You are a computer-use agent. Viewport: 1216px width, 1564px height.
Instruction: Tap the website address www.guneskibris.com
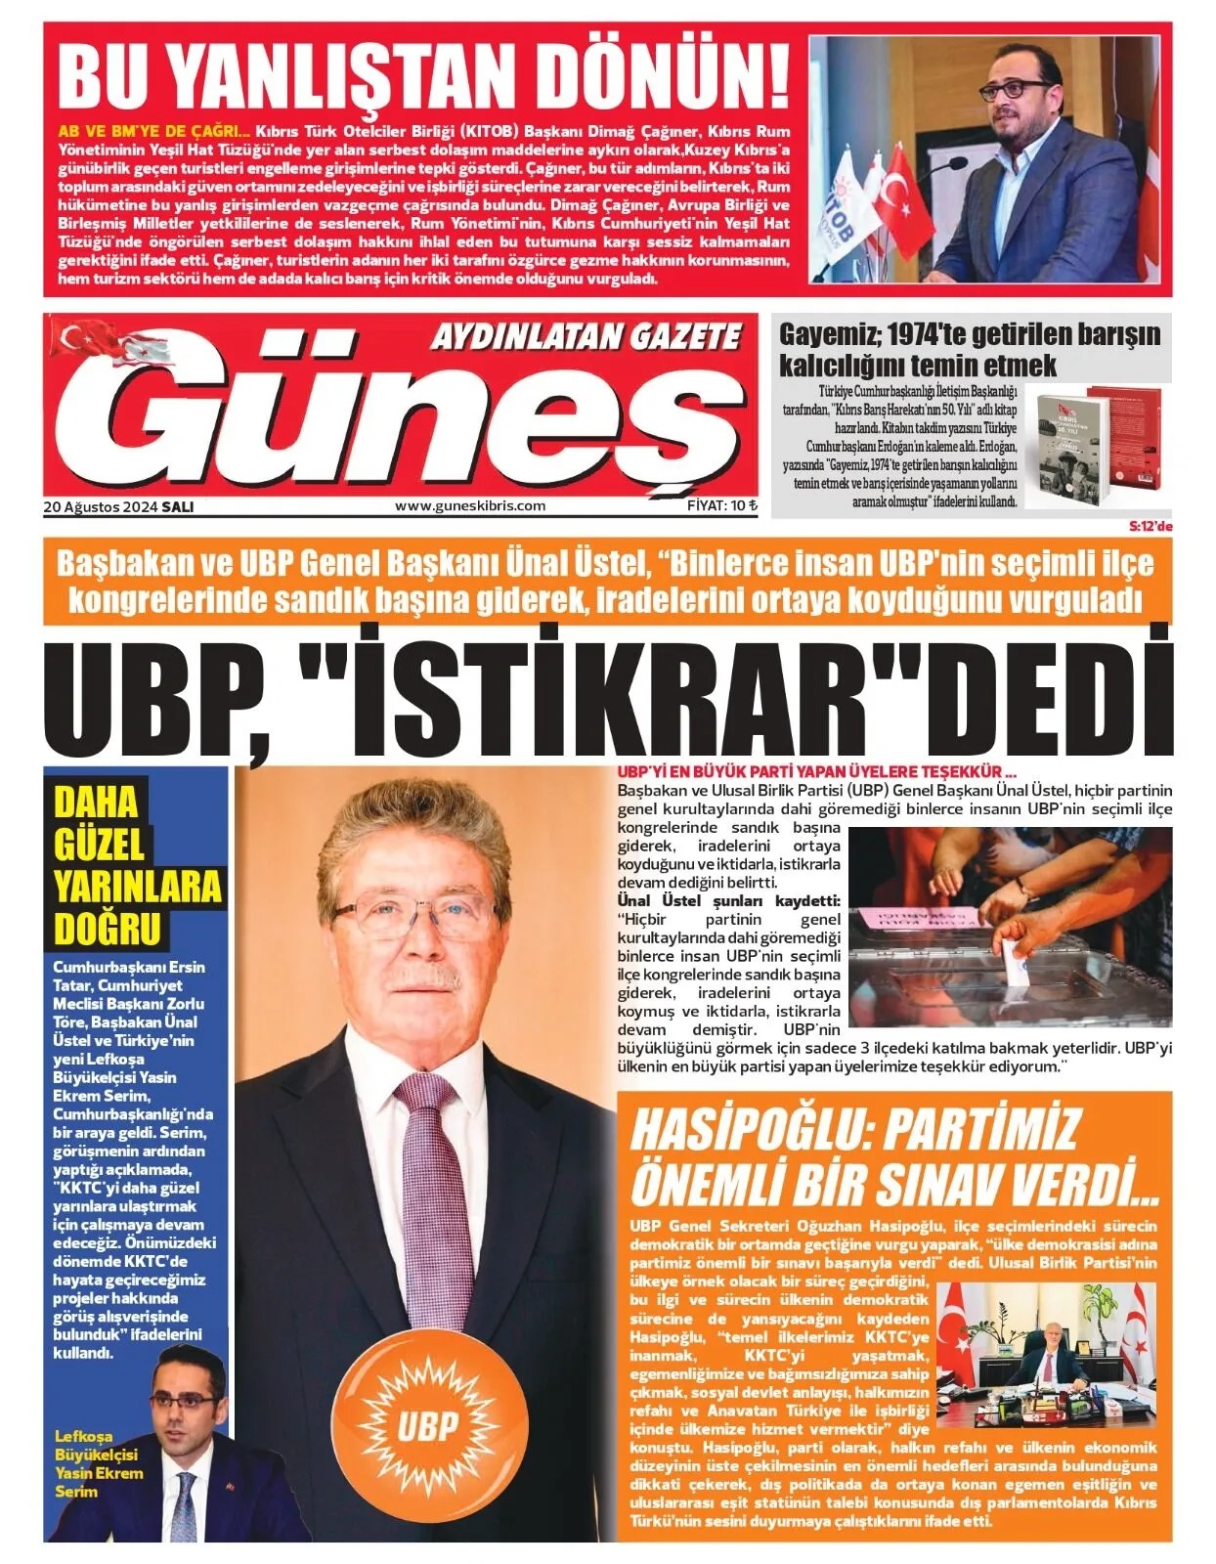click(470, 505)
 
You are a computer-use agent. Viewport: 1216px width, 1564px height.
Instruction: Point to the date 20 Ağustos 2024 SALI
click(118, 506)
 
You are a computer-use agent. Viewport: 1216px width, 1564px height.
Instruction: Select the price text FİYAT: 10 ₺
click(722, 505)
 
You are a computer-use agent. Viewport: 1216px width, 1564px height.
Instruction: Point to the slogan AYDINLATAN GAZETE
click(586, 337)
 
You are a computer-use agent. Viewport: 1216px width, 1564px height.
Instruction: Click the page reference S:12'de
click(1151, 526)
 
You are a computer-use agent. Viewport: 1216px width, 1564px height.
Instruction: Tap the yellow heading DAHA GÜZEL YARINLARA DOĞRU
click(137, 865)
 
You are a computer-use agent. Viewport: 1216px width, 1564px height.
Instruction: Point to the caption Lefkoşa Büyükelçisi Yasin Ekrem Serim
click(98, 1464)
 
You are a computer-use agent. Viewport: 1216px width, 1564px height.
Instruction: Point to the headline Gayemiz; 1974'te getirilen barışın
click(970, 334)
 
